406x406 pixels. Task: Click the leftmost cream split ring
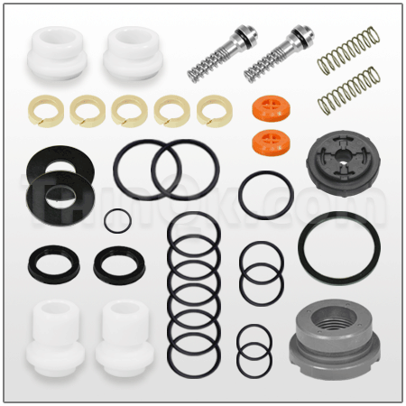(47, 110)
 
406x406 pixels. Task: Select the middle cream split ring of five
(130, 110)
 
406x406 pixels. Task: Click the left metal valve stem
(217, 55)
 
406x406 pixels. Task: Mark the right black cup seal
(117, 264)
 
